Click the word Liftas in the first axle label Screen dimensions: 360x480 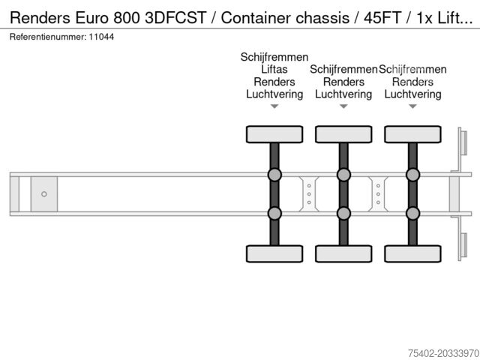(x=274, y=70)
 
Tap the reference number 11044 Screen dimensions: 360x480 (x=103, y=36)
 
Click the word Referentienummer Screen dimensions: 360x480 (x=47, y=36)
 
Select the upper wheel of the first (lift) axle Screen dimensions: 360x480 (x=274, y=134)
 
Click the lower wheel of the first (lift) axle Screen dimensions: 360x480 (x=274, y=253)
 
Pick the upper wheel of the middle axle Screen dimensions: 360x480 (x=343, y=134)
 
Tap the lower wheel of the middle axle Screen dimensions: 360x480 (x=343, y=253)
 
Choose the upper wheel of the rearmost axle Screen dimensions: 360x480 (x=412, y=134)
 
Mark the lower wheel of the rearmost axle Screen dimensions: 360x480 (x=412, y=253)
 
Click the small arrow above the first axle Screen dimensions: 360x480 (x=274, y=106)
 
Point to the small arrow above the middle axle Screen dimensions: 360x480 (x=343, y=106)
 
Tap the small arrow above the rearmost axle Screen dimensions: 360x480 (x=412, y=106)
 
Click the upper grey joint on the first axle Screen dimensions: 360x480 (x=274, y=175)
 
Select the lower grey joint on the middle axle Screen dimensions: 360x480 (x=343, y=213)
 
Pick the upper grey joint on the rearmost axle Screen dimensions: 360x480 (x=412, y=175)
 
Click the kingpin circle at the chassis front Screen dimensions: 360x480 (x=44, y=194)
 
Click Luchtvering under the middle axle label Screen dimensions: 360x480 (x=343, y=94)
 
